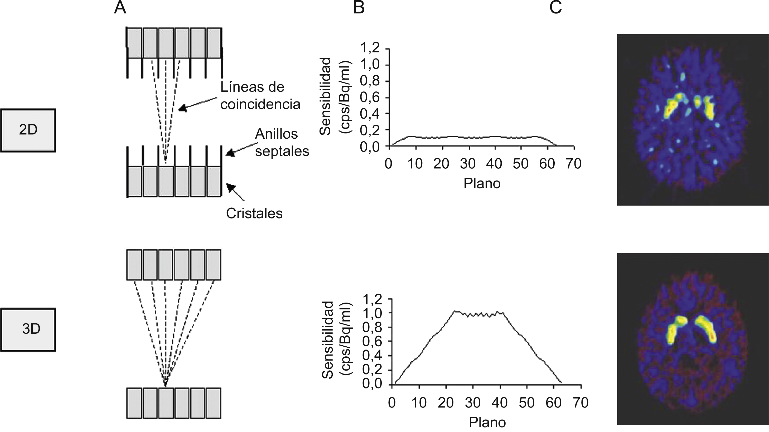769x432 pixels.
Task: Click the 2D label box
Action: click(x=28, y=130)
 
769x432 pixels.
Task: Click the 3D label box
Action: click(x=28, y=329)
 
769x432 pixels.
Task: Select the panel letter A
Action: click(x=120, y=8)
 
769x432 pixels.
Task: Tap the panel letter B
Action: click(x=359, y=8)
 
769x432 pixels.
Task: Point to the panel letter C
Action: click(x=555, y=8)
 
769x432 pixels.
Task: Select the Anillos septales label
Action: click(x=282, y=143)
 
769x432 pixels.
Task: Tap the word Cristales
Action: click(x=254, y=213)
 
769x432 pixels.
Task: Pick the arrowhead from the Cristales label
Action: click(x=230, y=187)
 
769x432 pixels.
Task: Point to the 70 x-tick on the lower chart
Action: click(x=580, y=403)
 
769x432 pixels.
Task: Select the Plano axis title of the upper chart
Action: click(x=482, y=183)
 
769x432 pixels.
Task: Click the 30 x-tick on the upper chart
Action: click(x=468, y=164)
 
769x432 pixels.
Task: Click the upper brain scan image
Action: click(x=693, y=120)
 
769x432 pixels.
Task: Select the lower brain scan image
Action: click(x=693, y=338)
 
